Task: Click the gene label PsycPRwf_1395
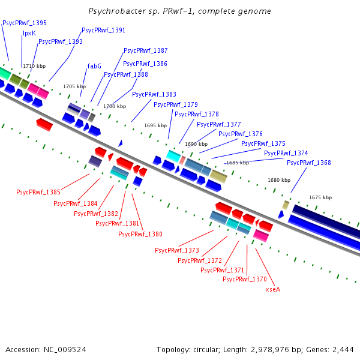[x=25, y=23]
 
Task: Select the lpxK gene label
[x=29, y=33]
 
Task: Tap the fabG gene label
[x=94, y=66]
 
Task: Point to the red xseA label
[x=273, y=289]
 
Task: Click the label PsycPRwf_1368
[x=309, y=163]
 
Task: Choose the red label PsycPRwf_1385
[x=38, y=192]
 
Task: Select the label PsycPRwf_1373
[x=177, y=250]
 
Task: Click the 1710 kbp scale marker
[x=34, y=65]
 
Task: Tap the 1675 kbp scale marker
[x=320, y=197]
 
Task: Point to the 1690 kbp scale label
[x=196, y=144]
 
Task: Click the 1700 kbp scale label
[x=115, y=106]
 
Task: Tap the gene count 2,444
[x=343, y=349]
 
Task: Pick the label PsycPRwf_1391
[x=104, y=30]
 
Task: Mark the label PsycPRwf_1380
[x=140, y=234]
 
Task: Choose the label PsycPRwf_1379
[x=176, y=104]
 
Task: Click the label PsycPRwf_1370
[x=245, y=279]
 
